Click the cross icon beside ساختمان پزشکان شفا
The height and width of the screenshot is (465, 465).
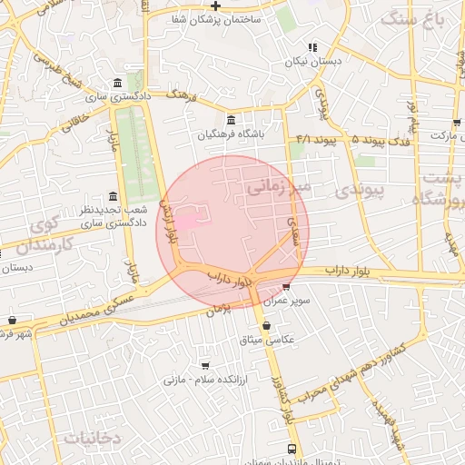pos(214,6)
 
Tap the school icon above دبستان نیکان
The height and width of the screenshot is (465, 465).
pos(312,48)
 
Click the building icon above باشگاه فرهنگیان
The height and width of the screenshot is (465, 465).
pos(231,120)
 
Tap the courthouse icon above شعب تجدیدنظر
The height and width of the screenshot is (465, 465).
pos(113,197)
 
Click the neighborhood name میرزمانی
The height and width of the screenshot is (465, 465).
pos(278,187)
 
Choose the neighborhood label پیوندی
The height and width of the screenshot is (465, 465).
pos(361,191)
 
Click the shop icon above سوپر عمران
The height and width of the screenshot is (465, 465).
pos(287,287)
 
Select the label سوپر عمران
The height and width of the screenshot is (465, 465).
pos(287,301)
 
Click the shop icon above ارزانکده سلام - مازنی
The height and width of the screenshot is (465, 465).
pos(204,365)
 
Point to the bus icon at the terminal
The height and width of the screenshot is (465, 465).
pos(292,449)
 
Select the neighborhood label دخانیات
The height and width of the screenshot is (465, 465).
pos(92,438)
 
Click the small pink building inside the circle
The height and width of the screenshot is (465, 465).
pos(186,221)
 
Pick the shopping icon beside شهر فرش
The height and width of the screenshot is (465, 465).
pos(12,321)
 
